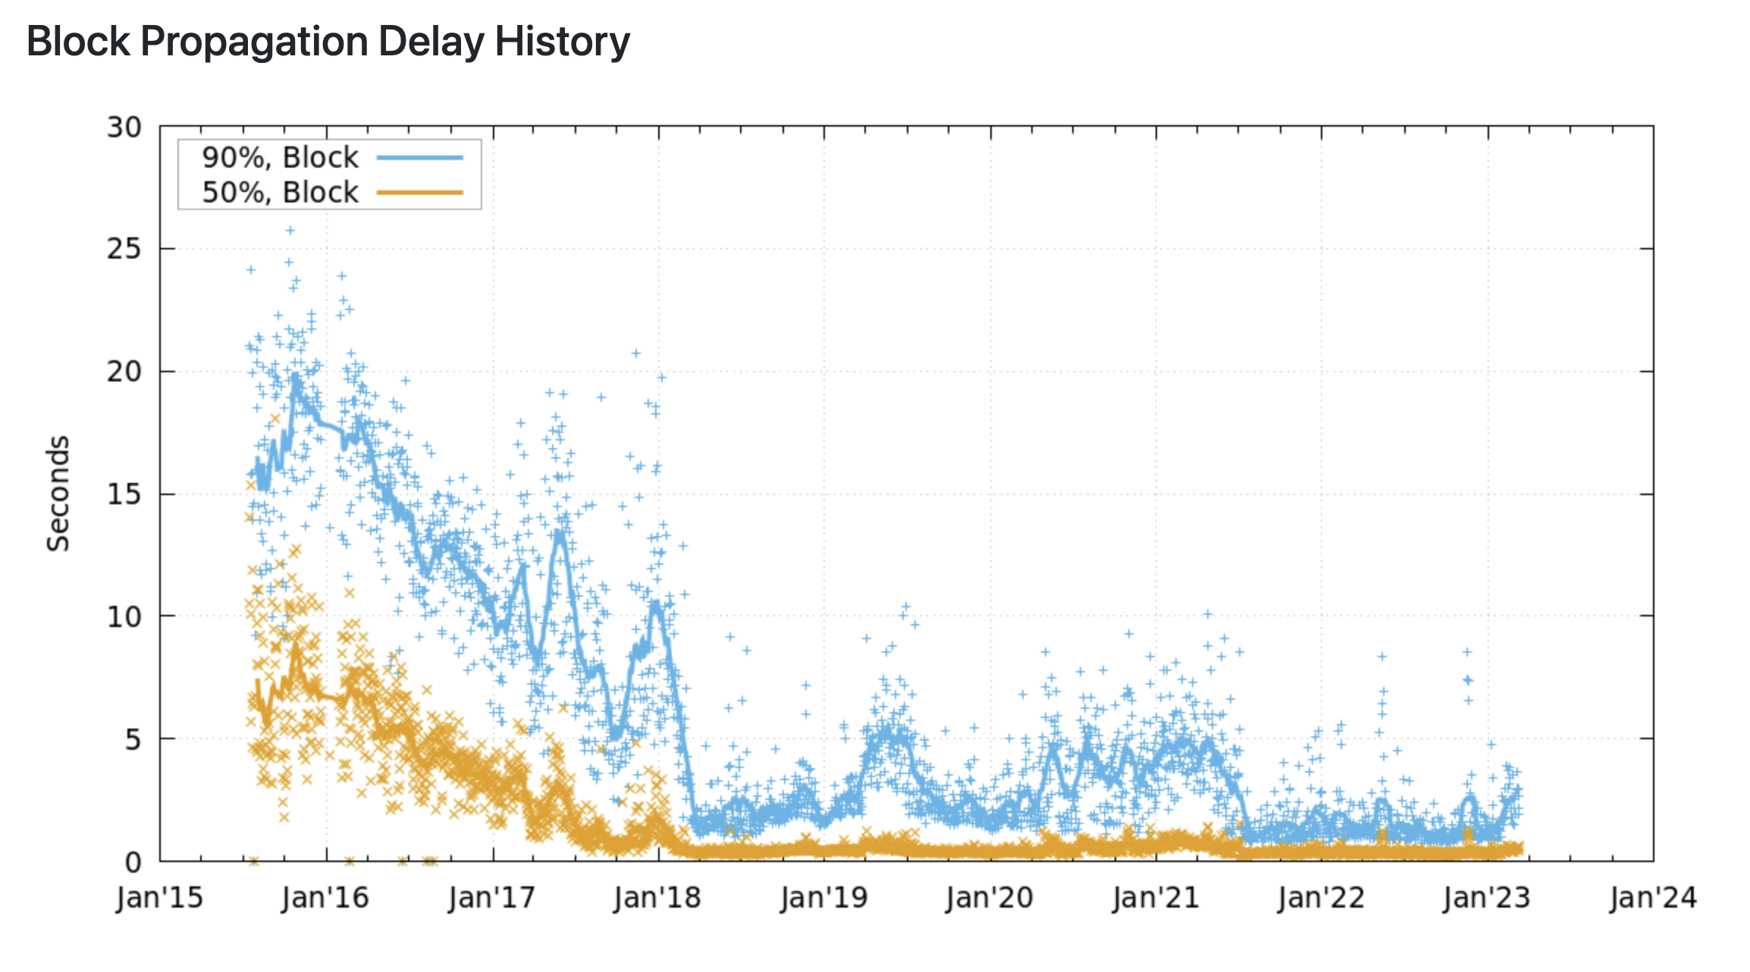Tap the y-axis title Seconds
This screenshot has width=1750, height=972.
58,494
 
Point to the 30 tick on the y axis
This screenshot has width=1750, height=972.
124,127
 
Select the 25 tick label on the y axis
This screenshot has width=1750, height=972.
124,249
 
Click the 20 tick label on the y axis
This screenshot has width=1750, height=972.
124,372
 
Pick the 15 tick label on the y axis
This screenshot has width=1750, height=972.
124,494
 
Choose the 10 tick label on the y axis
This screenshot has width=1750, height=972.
124,617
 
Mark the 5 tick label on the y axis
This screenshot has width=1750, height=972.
133,739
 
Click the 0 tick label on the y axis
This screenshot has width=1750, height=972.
133,862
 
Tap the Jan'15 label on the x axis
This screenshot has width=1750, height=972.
159,898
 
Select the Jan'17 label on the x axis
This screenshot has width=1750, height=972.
492,898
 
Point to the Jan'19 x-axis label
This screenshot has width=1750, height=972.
824,898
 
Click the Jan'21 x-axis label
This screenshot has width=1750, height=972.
1156,898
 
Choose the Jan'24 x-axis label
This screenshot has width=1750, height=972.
1654,898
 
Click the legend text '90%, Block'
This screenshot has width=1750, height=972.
280,158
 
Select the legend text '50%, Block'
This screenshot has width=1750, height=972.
280,193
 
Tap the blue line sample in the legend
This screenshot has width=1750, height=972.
420,158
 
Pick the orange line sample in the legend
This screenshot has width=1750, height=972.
420,193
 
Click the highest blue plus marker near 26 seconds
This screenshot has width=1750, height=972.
290,230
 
